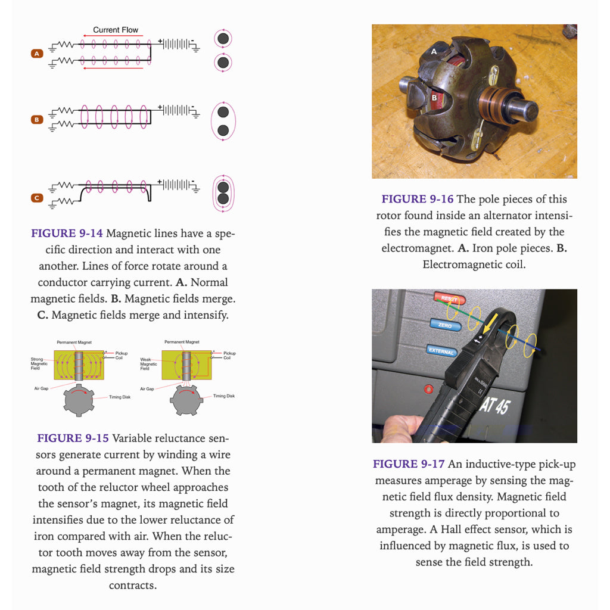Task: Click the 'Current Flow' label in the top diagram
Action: pyautogui.click(x=115, y=30)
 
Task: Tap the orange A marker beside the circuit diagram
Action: pyautogui.click(x=37, y=54)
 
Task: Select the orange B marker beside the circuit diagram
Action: pyautogui.click(x=37, y=120)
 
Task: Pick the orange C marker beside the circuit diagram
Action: pyautogui.click(x=37, y=198)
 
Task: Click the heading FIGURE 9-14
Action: pyautogui.click(x=67, y=234)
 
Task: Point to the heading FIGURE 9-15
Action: pyautogui.click(x=73, y=438)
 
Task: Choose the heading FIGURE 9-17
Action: pyautogui.click(x=409, y=464)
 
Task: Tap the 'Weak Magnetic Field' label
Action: pyautogui.click(x=148, y=364)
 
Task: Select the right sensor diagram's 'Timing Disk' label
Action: pyautogui.click(x=224, y=396)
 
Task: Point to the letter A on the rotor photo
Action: pyautogui.click(x=434, y=52)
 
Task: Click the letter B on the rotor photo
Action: pyautogui.click(x=434, y=97)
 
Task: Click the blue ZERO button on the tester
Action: pyautogui.click(x=445, y=325)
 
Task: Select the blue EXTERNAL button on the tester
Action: pyautogui.click(x=441, y=350)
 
